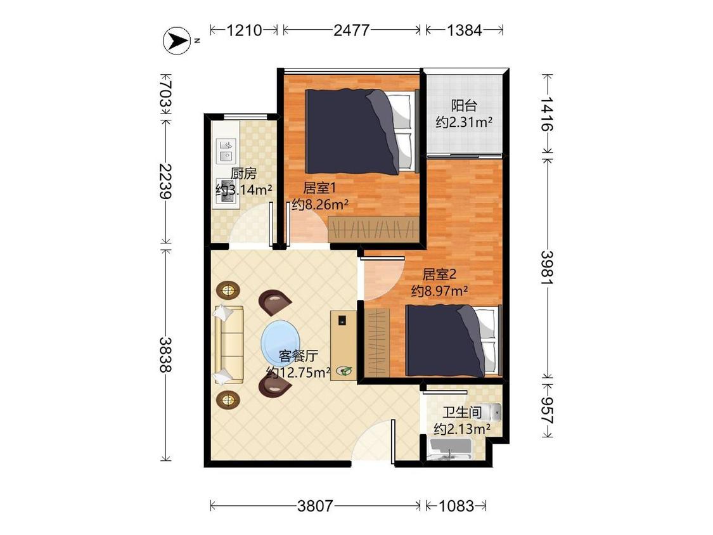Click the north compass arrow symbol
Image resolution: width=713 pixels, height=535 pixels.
coord(177,41)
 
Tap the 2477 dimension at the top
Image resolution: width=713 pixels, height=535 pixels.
coord(351,30)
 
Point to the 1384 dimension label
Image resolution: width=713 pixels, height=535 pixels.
coord(464,30)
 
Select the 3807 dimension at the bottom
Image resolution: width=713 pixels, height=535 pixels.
coord(315,505)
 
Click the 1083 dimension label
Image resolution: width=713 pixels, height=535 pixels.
coord(456,505)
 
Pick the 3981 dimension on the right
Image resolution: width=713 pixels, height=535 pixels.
coord(547,267)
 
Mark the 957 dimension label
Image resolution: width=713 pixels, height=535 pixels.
coord(547,411)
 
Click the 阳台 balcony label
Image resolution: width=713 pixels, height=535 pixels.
coord(465,106)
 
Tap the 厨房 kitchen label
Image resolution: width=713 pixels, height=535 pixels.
coord(243,173)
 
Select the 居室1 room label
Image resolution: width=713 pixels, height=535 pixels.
coord(319,188)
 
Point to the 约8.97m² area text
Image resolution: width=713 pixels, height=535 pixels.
coord(440,291)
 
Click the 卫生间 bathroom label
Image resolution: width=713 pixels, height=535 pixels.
coord(463,413)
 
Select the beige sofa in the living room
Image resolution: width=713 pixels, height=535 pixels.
coord(229,344)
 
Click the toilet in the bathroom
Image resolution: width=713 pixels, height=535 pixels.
coord(491,412)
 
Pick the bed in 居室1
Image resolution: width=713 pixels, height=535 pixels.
coord(362,131)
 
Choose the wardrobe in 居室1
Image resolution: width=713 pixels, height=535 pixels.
coord(373,229)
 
